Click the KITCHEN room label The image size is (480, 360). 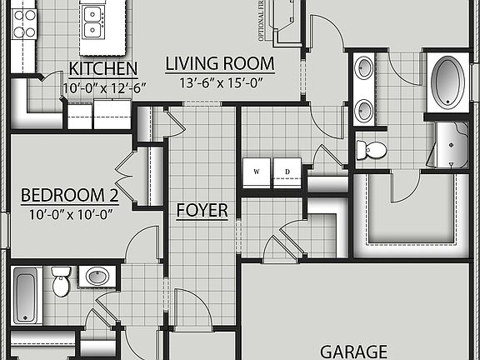point(103,68)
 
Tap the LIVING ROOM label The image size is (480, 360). point(220,63)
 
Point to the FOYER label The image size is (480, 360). point(202,210)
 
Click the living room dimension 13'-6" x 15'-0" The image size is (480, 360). point(219,82)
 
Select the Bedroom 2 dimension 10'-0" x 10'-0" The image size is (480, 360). point(69,213)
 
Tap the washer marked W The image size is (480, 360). point(256,172)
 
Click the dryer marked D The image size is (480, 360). point(287,172)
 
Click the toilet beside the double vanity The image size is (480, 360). point(372,150)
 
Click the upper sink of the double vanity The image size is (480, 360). point(365,69)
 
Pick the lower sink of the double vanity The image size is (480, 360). point(365,109)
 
